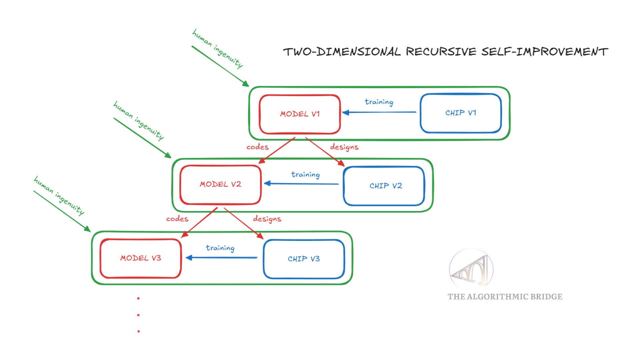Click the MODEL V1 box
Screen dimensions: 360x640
[x=300, y=114]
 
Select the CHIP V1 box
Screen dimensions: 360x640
[x=461, y=113]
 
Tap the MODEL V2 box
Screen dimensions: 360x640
[x=220, y=184]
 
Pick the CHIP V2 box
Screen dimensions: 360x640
[x=384, y=186]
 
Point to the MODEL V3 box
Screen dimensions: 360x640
[x=141, y=258]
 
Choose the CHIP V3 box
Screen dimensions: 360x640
[x=304, y=259]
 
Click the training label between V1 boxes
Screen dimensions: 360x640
[x=379, y=102]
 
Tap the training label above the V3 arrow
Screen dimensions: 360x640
[x=220, y=248]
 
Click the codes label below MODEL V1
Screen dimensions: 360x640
[x=257, y=147]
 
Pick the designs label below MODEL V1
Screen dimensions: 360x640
[x=344, y=147]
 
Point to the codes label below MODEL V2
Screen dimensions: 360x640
[x=177, y=219]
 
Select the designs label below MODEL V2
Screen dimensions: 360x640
[x=267, y=219]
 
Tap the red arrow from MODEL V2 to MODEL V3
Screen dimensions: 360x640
[x=200, y=222]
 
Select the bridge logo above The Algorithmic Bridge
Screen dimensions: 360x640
[x=471, y=269]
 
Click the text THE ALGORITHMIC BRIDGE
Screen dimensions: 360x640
[x=505, y=297]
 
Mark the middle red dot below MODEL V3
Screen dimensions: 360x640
[x=138, y=315]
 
